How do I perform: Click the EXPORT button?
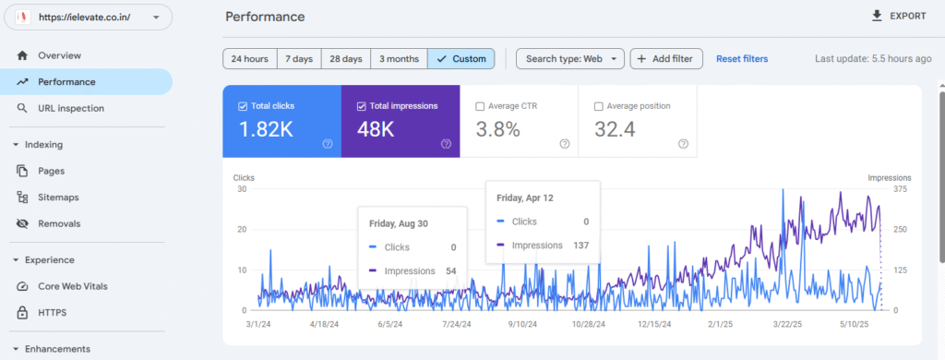click(x=898, y=17)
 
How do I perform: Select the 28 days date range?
click(x=347, y=59)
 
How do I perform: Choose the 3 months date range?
click(x=399, y=59)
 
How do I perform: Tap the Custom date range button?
click(x=461, y=59)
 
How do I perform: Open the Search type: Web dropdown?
click(x=569, y=59)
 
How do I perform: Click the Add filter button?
click(x=666, y=59)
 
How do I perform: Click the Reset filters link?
click(x=741, y=59)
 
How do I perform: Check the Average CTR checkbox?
click(x=480, y=106)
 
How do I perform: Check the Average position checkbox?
click(x=599, y=106)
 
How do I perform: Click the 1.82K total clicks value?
click(x=266, y=129)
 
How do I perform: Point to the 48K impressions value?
click(x=376, y=129)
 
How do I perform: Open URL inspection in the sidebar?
click(x=70, y=108)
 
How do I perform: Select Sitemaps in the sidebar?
click(x=58, y=197)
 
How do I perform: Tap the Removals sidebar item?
click(x=59, y=223)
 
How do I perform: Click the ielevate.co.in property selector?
click(x=87, y=17)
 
